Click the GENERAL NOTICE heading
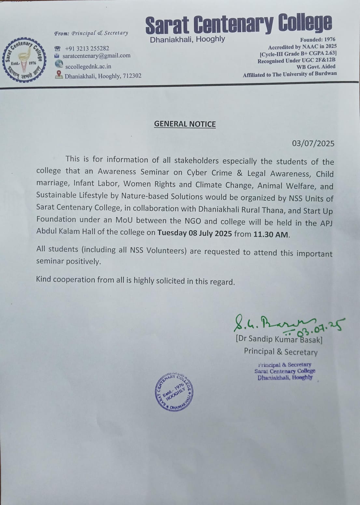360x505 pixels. [185, 124]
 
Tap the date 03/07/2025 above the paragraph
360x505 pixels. [313, 144]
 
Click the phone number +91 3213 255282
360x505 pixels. [87, 49]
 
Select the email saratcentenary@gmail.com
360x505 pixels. [96, 56]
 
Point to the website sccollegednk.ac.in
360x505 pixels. [88, 66]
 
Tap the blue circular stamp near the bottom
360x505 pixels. [173, 391]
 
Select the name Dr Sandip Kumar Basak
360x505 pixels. [279, 339]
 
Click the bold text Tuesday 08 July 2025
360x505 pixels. [195, 233]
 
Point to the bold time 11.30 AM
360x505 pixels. [271, 234]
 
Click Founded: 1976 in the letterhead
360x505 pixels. [317, 39]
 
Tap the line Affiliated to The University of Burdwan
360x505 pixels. [290, 74]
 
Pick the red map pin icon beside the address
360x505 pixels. [59, 75]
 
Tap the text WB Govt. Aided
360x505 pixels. [316, 67]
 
